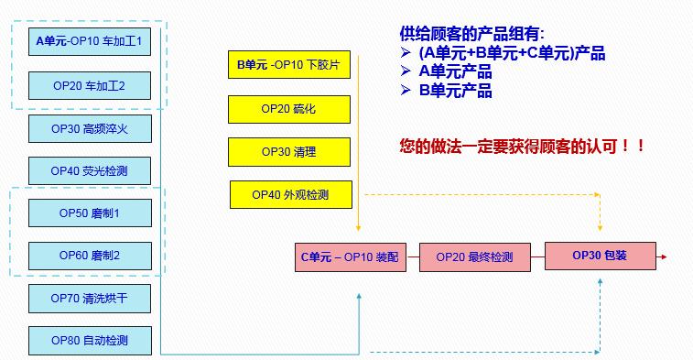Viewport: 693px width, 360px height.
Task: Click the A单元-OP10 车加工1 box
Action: (x=90, y=42)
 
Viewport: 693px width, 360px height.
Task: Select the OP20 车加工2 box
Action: (x=90, y=85)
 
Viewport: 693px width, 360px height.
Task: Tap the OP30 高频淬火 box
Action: (x=90, y=128)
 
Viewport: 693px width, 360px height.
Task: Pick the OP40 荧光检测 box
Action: (x=90, y=170)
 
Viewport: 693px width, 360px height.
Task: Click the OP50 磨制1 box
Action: (x=90, y=213)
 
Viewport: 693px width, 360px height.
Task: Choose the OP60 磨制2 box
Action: (x=90, y=256)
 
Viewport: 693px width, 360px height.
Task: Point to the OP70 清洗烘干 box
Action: (x=90, y=298)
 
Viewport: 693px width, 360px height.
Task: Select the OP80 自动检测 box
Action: (x=90, y=341)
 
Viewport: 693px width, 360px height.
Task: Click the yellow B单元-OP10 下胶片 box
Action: (x=288, y=66)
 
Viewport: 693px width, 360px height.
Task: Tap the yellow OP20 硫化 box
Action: (x=288, y=109)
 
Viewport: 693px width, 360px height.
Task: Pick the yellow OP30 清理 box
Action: (x=288, y=151)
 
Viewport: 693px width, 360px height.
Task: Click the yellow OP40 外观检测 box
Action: (x=290, y=194)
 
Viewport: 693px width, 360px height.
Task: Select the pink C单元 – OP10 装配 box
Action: (x=350, y=257)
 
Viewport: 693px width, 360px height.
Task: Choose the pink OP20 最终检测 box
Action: (x=474, y=257)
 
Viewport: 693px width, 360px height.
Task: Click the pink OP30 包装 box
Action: (x=600, y=256)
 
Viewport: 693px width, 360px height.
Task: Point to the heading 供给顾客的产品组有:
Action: (x=471, y=34)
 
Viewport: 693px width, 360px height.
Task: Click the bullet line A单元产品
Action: (x=455, y=72)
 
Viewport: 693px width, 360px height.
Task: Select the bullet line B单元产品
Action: (x=455, y=91)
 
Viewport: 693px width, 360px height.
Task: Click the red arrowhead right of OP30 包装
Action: (x=664, y=256)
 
